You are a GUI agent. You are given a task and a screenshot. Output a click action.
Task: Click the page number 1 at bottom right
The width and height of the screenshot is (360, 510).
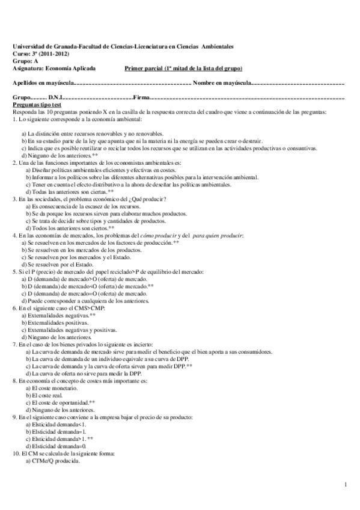346,484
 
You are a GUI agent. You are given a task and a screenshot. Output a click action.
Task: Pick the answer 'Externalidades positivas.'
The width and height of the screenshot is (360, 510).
55,322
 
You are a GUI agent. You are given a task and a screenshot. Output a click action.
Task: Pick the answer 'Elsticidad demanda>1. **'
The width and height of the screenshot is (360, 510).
59,438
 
